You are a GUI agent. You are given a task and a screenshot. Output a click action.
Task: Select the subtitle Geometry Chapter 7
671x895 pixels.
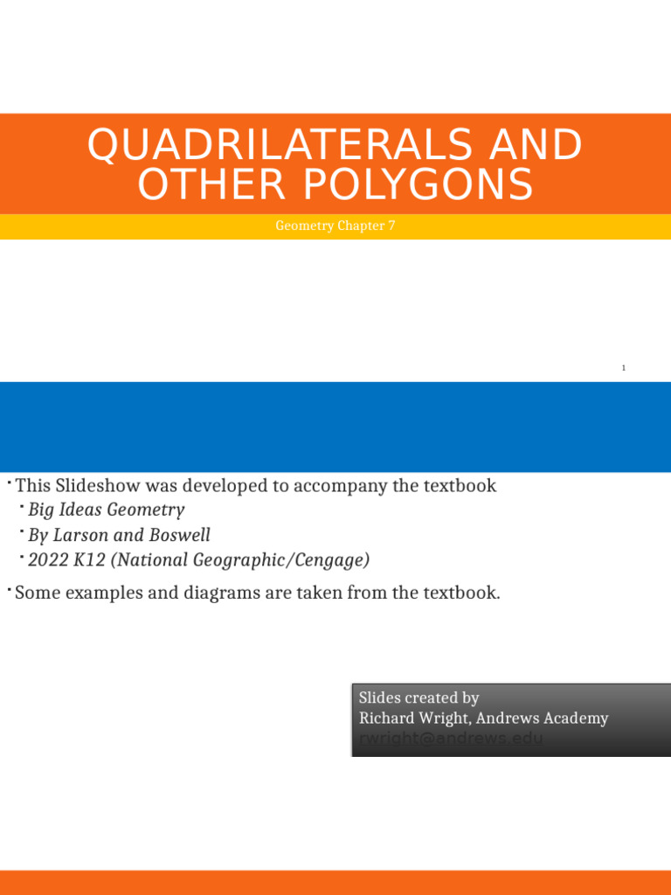point(335,225)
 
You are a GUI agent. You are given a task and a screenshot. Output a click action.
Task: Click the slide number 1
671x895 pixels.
point(624,368)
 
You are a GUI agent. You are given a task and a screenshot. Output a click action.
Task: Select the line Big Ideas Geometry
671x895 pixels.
point(106,510)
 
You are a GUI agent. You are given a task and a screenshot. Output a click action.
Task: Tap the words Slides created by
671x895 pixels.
point(419,697)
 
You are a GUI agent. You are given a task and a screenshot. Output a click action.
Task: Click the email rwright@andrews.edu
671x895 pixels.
point(451,739)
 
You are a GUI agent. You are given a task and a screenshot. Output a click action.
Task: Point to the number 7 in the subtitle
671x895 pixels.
point(391,225)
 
